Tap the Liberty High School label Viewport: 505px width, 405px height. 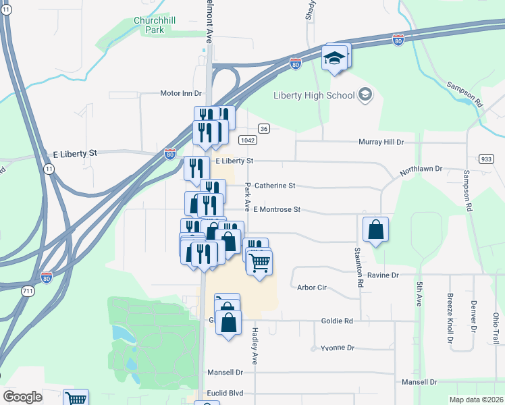(314, 95)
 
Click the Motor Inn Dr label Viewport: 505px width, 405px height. (182, 93)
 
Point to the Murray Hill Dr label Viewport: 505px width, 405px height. (380, 142)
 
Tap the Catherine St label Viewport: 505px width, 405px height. (275, 185)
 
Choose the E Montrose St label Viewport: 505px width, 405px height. (277, 210)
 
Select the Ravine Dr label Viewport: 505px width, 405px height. (386, 275)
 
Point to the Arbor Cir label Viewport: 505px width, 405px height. (312, 288)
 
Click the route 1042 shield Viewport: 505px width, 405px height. (246, 140)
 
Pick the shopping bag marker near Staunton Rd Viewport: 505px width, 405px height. (375, 230)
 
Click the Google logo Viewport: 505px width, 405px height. (22, 397)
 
